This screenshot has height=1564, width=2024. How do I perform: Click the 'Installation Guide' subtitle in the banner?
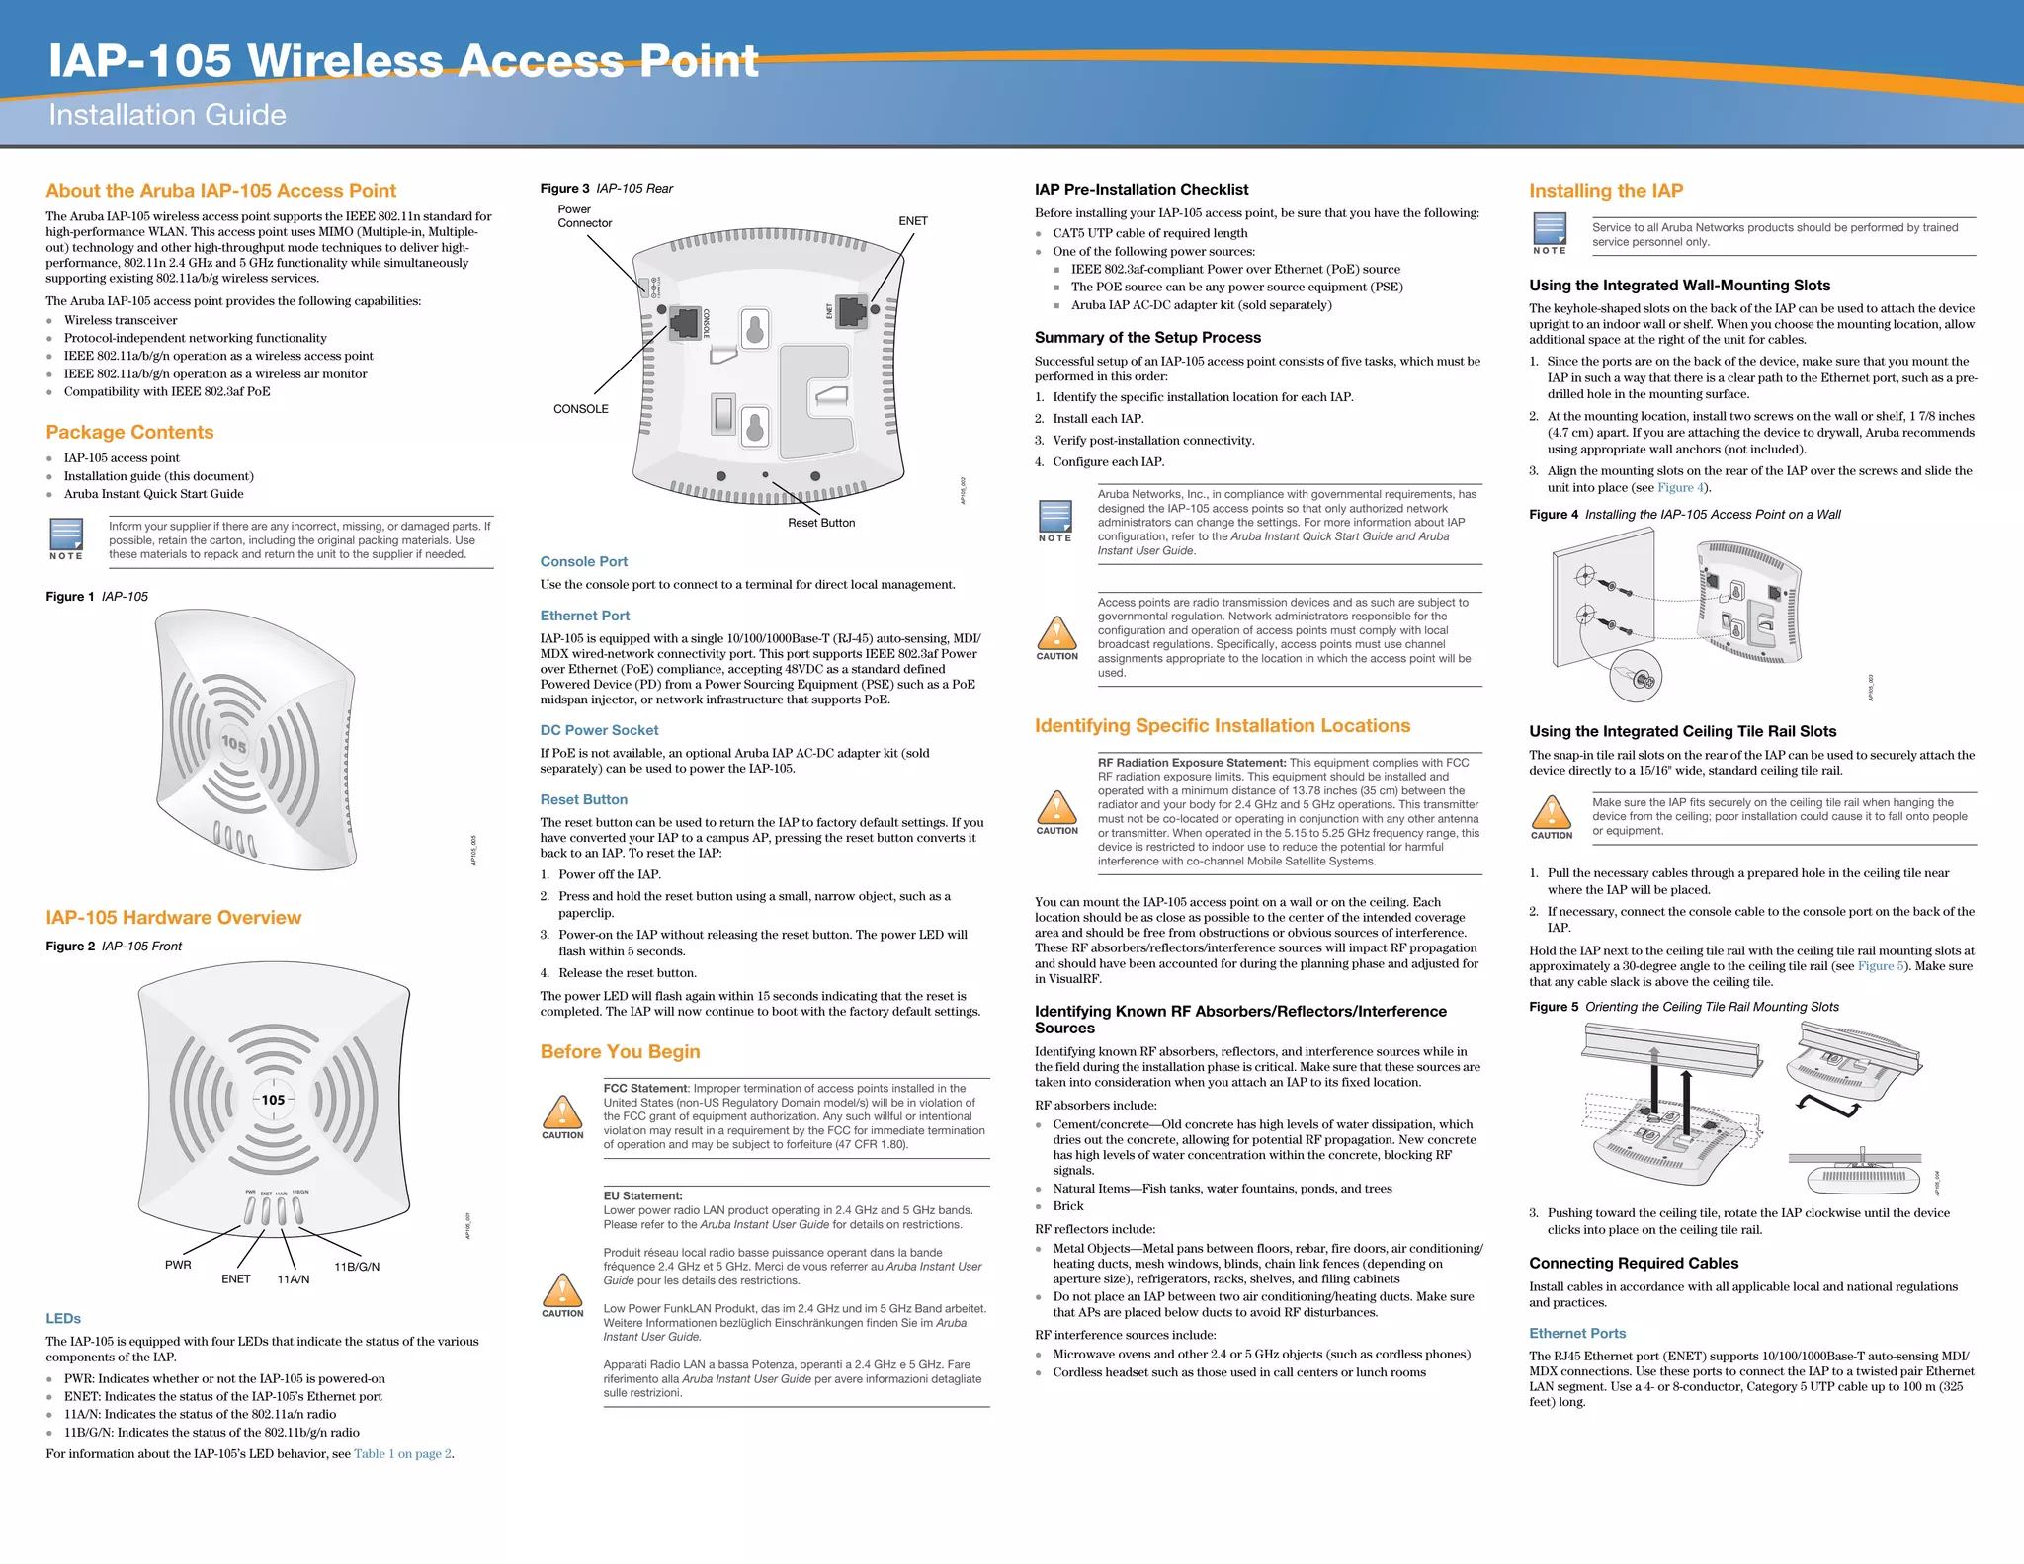(167, 116)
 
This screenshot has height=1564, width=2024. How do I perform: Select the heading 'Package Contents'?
(129, 432)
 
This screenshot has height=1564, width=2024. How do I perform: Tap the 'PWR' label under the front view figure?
(178, 1265)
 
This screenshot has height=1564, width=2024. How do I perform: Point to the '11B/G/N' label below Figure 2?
(357, 1267)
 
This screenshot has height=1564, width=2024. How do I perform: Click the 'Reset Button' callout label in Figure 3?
(820, 523)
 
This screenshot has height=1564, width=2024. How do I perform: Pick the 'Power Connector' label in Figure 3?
(584, 216)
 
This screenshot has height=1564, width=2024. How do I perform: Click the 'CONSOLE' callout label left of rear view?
(580, 409)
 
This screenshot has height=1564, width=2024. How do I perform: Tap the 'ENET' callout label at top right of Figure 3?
(912, 221)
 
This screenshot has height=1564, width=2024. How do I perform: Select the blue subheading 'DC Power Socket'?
(599, 730)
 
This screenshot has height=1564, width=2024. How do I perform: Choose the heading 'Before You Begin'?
(620, 1052)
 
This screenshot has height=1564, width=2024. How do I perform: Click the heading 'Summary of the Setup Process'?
(1147, 338)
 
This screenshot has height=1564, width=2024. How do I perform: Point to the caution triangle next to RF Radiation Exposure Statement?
(1056, 807)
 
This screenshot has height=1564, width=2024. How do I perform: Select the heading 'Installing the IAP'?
(1605, 191)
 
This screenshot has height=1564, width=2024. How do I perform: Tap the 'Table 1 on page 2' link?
(402, 1453)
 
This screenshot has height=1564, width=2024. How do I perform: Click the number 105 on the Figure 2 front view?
(273, 1100)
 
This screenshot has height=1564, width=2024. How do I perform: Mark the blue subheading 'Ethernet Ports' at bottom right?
(1576, 1334)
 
